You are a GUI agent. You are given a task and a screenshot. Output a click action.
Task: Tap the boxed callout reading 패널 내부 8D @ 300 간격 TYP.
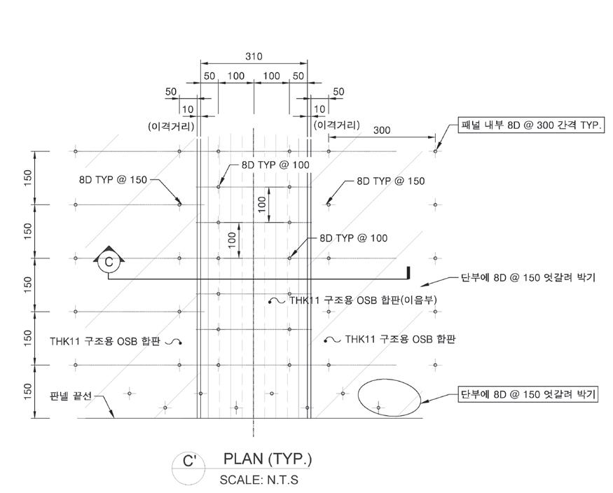530,125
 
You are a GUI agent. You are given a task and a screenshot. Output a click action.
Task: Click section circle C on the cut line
109,262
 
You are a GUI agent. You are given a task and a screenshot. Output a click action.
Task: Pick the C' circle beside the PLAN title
188,461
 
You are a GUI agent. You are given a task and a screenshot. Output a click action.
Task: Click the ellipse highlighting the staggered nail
390,398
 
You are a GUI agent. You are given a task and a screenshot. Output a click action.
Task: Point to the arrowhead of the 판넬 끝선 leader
113,417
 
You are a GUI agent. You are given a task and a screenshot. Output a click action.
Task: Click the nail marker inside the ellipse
379,407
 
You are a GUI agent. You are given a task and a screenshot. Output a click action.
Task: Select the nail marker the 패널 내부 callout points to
435,151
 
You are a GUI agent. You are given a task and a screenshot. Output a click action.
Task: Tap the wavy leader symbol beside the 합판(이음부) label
276,301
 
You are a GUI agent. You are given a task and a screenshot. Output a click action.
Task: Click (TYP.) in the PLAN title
289,459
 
